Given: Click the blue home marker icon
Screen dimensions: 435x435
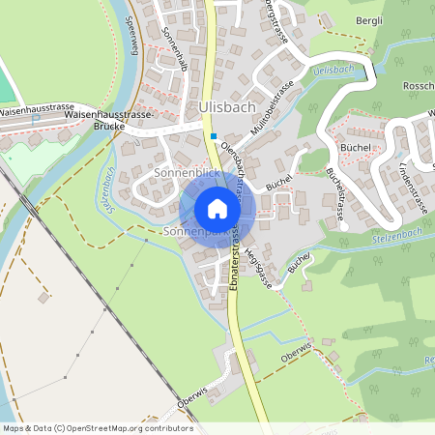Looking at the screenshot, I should point(217,209).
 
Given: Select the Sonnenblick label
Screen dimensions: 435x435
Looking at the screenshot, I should point(187,172).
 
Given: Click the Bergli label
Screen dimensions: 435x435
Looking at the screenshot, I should point(368,21).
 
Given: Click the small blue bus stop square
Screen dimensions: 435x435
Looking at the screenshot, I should point(214,136).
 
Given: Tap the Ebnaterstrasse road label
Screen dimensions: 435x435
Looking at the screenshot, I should point(236,267).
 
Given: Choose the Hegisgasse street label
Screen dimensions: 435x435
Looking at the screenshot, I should point(255,264).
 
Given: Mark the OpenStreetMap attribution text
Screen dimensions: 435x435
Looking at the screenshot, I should point(98,427).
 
